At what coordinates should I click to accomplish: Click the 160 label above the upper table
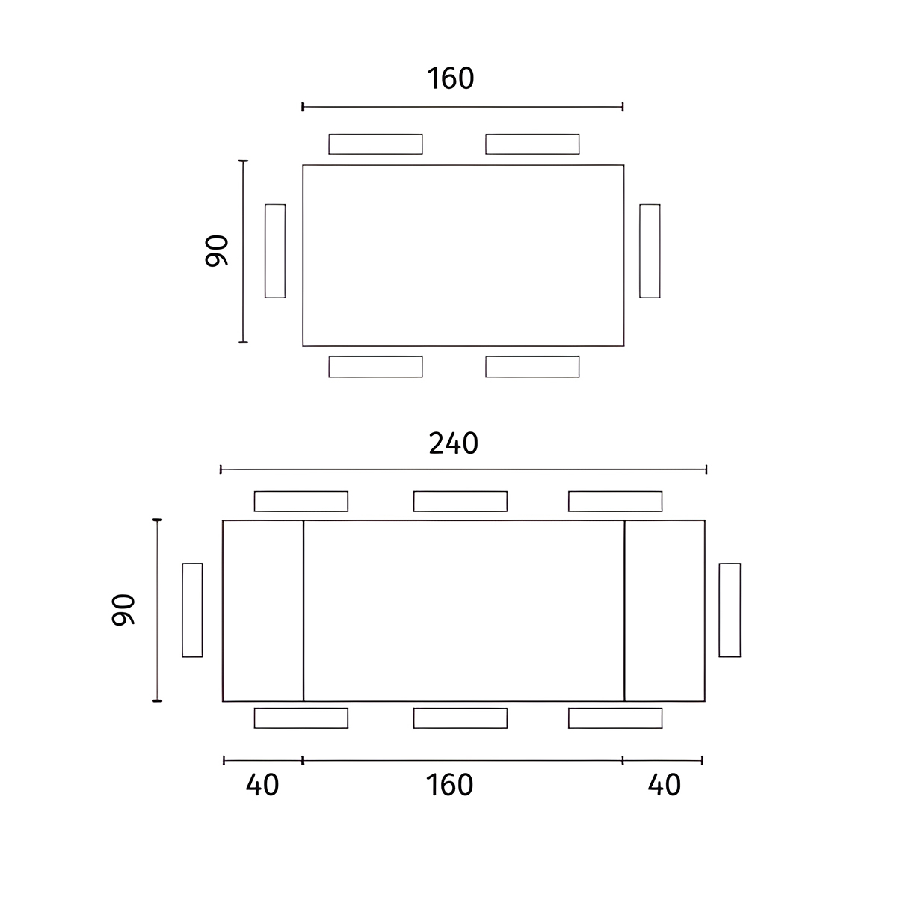click(451, 78)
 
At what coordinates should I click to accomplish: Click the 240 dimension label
click(454, 443)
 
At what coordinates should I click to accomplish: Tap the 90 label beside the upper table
click(217, 251)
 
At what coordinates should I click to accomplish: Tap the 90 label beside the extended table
click(123, 610)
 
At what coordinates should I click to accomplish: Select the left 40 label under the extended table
click(262, 785)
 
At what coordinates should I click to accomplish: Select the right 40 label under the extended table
click(665, 785)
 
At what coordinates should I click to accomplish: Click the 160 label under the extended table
click(450, 785)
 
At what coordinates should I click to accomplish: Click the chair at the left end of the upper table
click(275, 251)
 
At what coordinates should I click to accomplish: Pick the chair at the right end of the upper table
click(650, 251)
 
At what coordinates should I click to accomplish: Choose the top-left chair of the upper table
click(376, 144)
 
